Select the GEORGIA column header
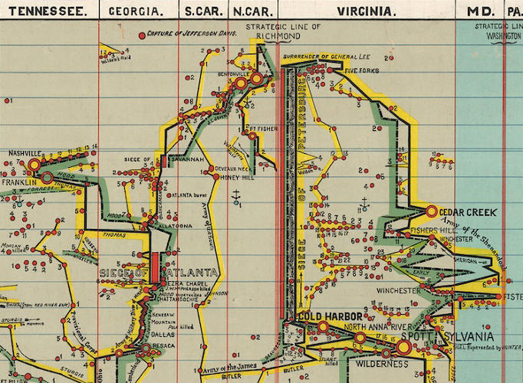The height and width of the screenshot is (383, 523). tap(136, 11)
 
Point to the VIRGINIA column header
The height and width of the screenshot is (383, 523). tap(367, 11)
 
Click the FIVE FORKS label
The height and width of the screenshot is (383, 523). tap(362, 70)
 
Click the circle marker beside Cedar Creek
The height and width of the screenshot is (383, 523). tap(431, 211)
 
